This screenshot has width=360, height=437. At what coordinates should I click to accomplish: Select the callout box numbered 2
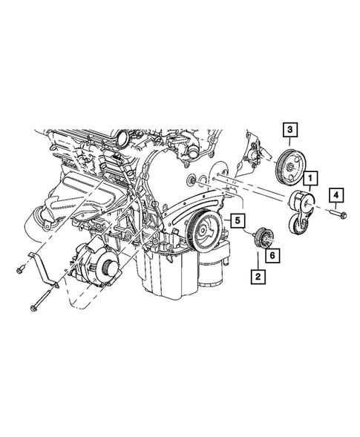tap(258, 277)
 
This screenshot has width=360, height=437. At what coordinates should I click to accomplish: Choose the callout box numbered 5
tap(236, 220)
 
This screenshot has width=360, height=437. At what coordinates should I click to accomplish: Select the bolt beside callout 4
tap(335, 216)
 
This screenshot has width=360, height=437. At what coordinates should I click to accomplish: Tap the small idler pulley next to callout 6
tap(264, 237)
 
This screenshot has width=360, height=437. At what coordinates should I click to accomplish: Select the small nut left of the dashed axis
tap(193, 180)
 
